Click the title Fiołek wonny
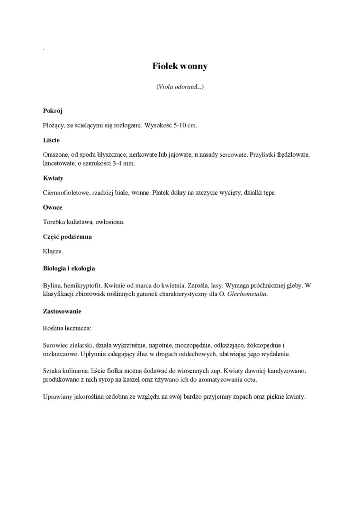(180, 67)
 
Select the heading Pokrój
(53, 111)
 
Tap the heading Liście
(51, 141)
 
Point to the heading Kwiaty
(53, 179)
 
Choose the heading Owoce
(53, 208)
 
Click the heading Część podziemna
(67, 237)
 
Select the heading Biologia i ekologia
(69, 268)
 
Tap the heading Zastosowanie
(62, 312)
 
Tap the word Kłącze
(53, 251)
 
